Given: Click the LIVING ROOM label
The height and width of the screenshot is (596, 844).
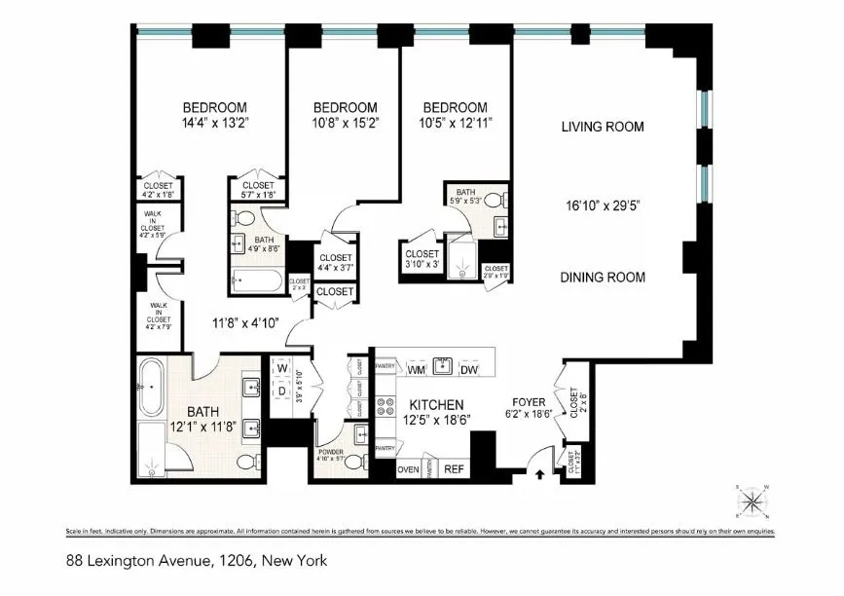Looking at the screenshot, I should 603,127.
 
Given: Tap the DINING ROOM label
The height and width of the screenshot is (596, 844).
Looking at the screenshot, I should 603,278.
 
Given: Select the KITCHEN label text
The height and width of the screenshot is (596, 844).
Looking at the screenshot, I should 435,404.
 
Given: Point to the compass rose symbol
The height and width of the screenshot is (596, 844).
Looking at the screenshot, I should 752,502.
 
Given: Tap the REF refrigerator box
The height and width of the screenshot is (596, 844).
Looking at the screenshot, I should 454,469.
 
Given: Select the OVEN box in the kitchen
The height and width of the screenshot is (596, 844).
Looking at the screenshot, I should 409,469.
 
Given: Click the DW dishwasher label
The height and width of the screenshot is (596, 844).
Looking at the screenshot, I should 469,370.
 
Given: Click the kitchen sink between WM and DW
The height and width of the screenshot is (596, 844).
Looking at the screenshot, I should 443,366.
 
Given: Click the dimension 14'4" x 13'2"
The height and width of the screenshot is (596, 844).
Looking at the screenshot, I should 214,124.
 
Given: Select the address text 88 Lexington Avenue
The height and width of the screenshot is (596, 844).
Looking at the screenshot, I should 131,561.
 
